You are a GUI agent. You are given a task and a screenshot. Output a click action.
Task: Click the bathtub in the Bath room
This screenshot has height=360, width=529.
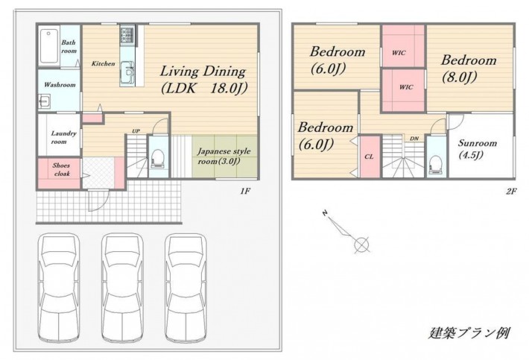coord(49,47)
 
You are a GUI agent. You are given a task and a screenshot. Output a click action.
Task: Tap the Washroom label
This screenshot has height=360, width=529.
coord(60,84)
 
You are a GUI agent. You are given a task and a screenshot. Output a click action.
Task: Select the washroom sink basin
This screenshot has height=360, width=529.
coord(44,101)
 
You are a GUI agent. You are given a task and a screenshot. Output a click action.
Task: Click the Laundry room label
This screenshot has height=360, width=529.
coord(64,137)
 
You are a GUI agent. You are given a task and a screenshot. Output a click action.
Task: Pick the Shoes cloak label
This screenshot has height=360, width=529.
coord(61,169)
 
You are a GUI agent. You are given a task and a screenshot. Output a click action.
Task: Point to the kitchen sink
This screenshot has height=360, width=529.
coord(128,69)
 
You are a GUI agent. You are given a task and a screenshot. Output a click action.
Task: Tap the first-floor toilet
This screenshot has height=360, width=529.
coord(158,157)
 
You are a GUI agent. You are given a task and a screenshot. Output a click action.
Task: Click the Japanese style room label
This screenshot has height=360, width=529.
coord(224,157)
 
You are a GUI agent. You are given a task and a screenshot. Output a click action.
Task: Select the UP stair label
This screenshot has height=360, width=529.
coord(136,131)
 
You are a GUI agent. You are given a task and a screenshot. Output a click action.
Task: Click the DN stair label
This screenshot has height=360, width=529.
coord(414,139)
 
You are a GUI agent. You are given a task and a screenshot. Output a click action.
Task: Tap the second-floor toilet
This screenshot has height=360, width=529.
coord(436,164)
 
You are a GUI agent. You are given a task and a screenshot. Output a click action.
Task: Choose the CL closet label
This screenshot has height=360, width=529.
coord(369,157)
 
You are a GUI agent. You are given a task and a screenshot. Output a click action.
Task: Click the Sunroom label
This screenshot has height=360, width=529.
coord(478,148)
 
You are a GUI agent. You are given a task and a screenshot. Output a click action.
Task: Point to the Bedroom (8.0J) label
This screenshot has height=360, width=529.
coord(469,69)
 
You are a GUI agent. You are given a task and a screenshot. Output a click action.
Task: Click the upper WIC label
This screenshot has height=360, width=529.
coord(399,53)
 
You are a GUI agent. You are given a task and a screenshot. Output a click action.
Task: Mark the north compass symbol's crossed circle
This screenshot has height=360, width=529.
coord(361,244)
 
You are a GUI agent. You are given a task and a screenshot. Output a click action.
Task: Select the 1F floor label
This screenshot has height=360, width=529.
coord(245,192)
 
